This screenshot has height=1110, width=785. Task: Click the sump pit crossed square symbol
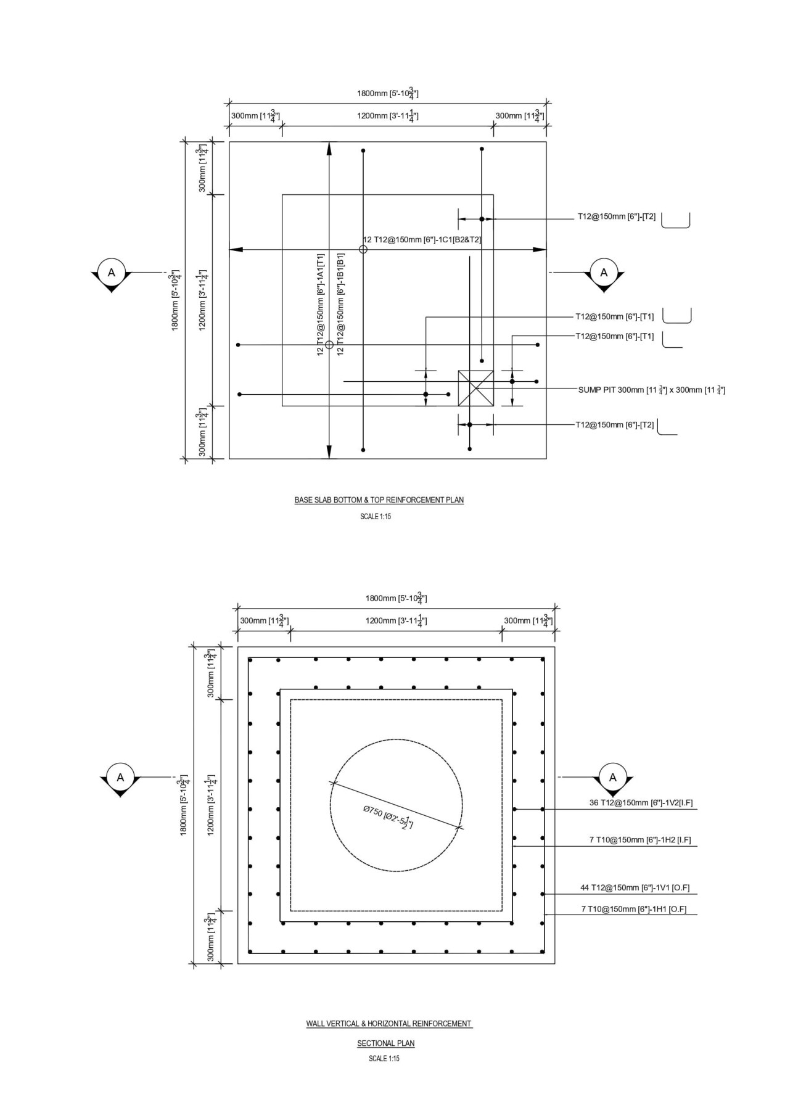pyautogui.click(x=475, y=388)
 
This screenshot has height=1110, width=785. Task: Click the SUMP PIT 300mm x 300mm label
pyautogui.click(x=651, y=390)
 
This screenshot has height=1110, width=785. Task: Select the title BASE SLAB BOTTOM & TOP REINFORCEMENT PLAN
pyautogui.click(x=379, y=500)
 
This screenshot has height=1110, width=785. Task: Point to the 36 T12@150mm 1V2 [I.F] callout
pyautogui.click(x=641, y=803)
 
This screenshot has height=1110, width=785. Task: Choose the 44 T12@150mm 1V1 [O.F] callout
pyautogui.click(x=635, y=888)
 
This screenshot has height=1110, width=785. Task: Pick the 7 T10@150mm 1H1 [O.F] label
pyautogui.click(x=633, y=909)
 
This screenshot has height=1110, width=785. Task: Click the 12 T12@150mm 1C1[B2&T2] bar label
pyautogui.click(x=422, y=240)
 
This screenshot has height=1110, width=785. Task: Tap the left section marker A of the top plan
pyautogui.click(x=111, y=273)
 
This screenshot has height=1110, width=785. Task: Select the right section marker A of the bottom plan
pyautogui.click(x=612, y=778)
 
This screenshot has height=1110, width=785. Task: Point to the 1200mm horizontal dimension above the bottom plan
pyautogui.click(x=396, y=621)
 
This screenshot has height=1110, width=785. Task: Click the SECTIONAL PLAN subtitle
pyautogui.click(x=385, y=1043)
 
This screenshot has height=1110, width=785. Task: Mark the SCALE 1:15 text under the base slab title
pyautogui.click(x=376, y=517)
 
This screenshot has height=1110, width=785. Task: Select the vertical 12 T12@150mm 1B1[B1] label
pyautogui.click(x=340, y=303)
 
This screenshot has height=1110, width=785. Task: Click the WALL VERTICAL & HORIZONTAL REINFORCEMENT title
pyautogui.click(x=388, y=1024)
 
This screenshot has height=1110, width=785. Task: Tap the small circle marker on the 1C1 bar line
pyautogui.click(x=363, y=249)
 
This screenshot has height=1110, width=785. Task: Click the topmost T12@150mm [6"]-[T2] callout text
pyautogui.click(x=616, y=217)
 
